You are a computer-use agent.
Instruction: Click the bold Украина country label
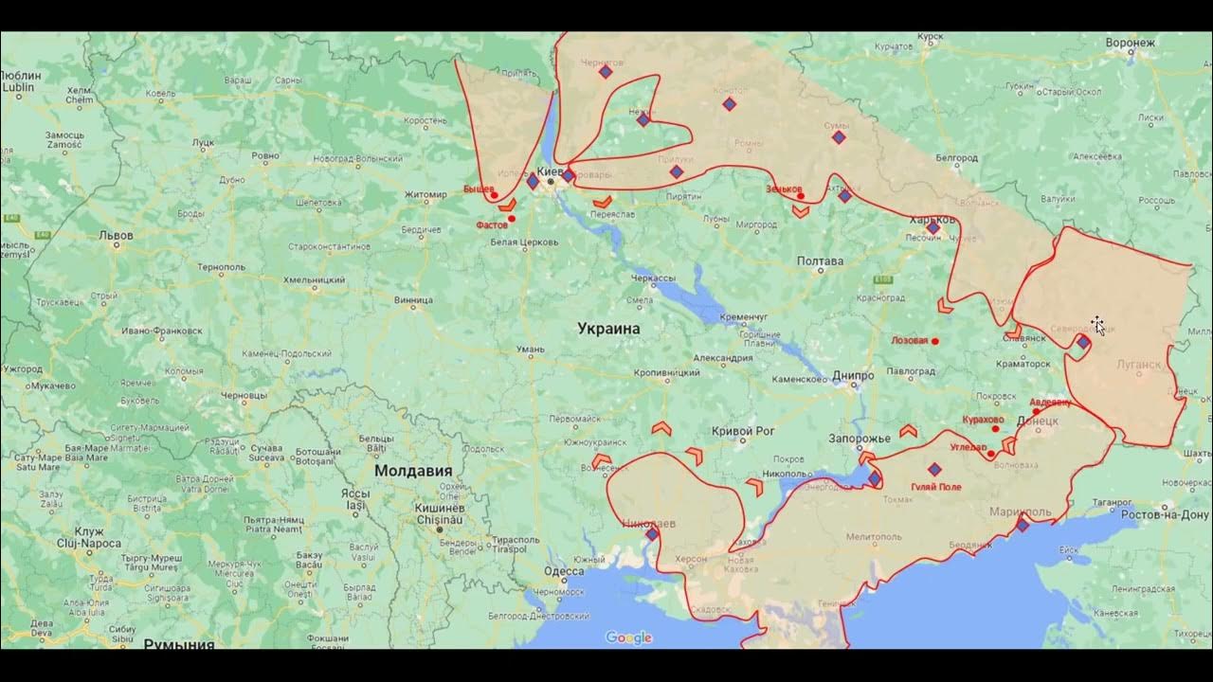608,329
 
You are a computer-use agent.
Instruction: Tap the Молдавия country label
412,471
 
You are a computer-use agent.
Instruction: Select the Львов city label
117,235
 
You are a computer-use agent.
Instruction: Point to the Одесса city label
564,571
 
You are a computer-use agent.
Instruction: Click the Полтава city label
820,261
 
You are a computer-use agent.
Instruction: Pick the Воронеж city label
1130,43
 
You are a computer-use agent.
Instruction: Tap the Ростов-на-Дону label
1165,514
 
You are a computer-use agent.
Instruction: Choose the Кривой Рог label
743,431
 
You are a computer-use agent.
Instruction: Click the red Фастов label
491,225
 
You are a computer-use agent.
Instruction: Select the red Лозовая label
909,340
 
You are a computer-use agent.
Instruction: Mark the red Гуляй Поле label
935,487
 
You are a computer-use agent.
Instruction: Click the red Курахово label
983,420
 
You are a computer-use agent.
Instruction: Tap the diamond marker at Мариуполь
1023,525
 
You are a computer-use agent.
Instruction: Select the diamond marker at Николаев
652,534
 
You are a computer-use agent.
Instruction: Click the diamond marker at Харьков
933,227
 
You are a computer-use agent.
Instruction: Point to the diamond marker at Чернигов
606,72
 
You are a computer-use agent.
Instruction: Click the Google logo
628,637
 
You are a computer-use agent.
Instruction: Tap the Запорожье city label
860,439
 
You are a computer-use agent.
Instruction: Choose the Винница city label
413,301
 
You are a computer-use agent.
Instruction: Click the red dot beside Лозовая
935,341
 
